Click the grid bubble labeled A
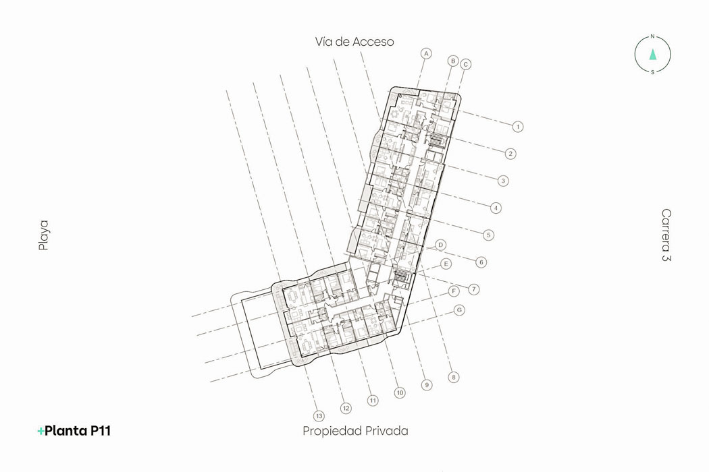[x=426, y=54]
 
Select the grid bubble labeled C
[x=466, y=65]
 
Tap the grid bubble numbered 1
[x=518, y=127]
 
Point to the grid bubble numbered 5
[x=488, y=235]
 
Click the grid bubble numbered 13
[x=319, y=416]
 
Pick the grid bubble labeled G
[x=459, y=310]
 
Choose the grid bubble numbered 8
[x=454, y=377]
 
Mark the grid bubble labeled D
[x=441, y=245]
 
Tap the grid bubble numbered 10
[x=400, y=393]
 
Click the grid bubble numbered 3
[x=503, y=181]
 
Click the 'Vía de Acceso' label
[x=354, y=42]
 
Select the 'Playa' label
[x=43, y=235]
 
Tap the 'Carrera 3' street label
[x=666, y=235]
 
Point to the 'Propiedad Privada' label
[x=355, y=431]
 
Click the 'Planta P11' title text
[x=78, y=431]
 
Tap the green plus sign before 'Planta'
[x=41, y=432]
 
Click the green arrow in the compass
[x=652, y=54]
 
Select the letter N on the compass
[x=652, y=36]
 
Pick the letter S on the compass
[x=652, y=72]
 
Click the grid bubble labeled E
[x=446, y=264]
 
